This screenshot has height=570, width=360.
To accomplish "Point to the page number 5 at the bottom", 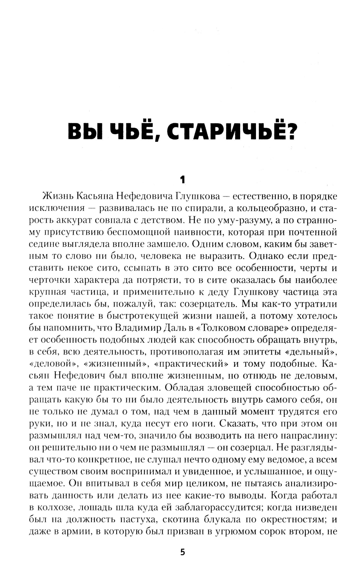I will (x=183, y=552).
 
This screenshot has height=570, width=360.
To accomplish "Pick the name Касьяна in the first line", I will (x=95, y=196).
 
